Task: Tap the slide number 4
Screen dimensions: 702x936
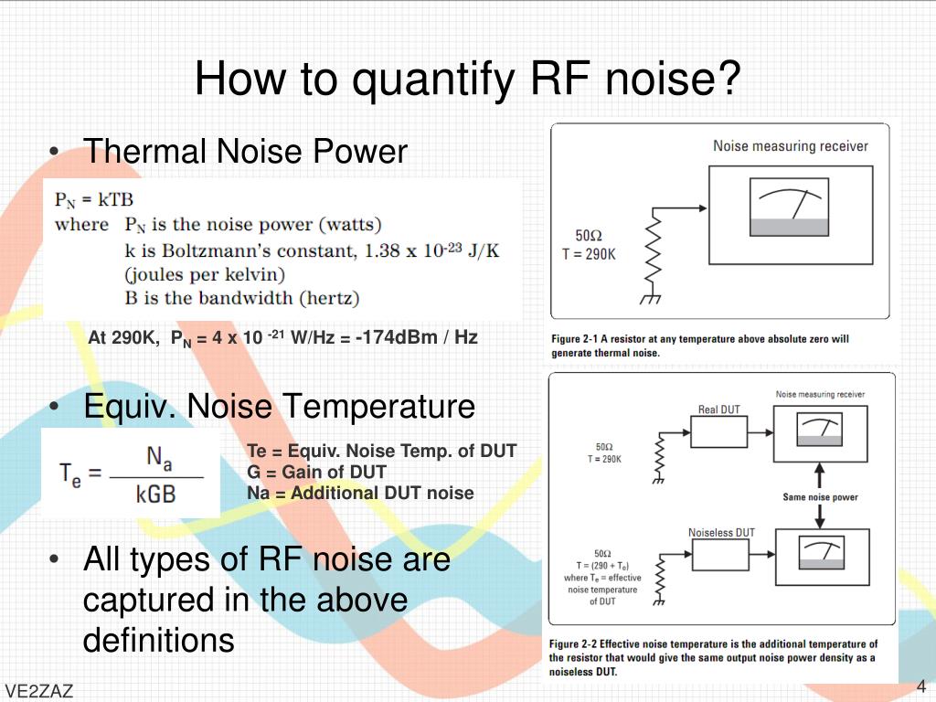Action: pyautogui.click(x=921, y=686)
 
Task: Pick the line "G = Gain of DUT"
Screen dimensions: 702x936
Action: pyautogui.click(x=316, y=472)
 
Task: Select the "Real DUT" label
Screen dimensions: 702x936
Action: pyautogui.click(x=718, y=409)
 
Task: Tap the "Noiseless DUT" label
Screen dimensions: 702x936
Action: pyautogui.click(x=721, y=533)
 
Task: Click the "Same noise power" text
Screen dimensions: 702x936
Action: pyautogui.click(x=820, y=497)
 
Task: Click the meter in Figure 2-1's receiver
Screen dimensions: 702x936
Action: pyautogui.click(x=788, y=212)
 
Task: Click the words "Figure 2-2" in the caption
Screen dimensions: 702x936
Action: pyautogui.click(x=573, y=644)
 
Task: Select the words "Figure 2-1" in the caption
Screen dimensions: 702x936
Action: pyautogui.click(x=575, y=339)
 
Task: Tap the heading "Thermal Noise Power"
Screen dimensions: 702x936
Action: pyautogui.click(x=245, y=152)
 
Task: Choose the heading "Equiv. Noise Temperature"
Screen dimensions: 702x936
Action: pyautogui.click(x=279, y=406)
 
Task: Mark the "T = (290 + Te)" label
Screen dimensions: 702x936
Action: pyautogui.click(x=602, y=566)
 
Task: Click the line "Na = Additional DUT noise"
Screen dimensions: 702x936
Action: pyautogui.click(x=360, y=493)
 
